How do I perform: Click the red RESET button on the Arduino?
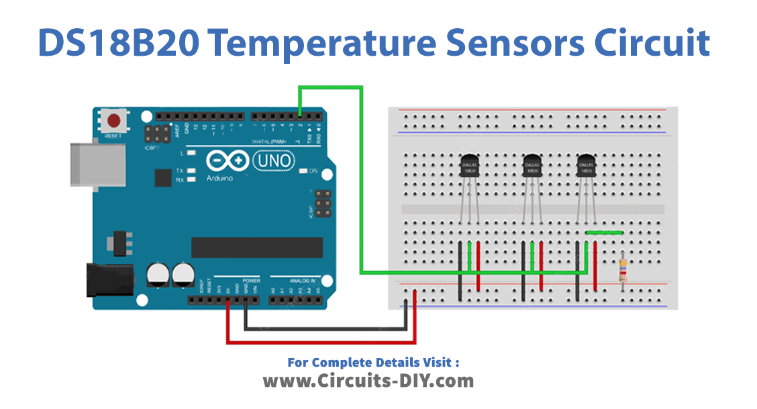pyautogui.click(x=115, y=122)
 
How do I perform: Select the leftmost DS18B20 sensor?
pyautogui.click(x=469, y=166)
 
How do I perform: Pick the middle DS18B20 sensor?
pyautogui.click(x=532, y=166)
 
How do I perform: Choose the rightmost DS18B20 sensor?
pyautogui.click(x=586, y=166)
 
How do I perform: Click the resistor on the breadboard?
pyautogui.click(x=623, y=270)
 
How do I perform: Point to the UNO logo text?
pyautogui.click(x=273, y=161)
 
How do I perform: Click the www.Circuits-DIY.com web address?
pyautogui.click(x=368, y=381)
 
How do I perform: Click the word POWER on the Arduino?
pyautogui.click(x=250, y=280)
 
